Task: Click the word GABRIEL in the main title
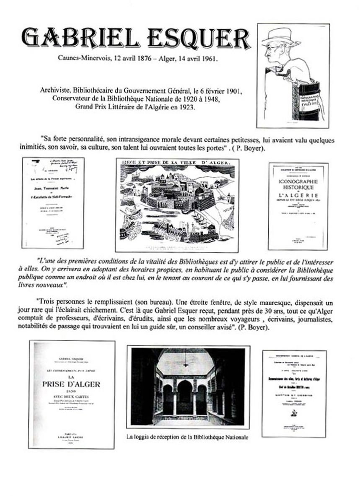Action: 74,39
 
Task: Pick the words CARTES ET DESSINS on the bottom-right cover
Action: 294,395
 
